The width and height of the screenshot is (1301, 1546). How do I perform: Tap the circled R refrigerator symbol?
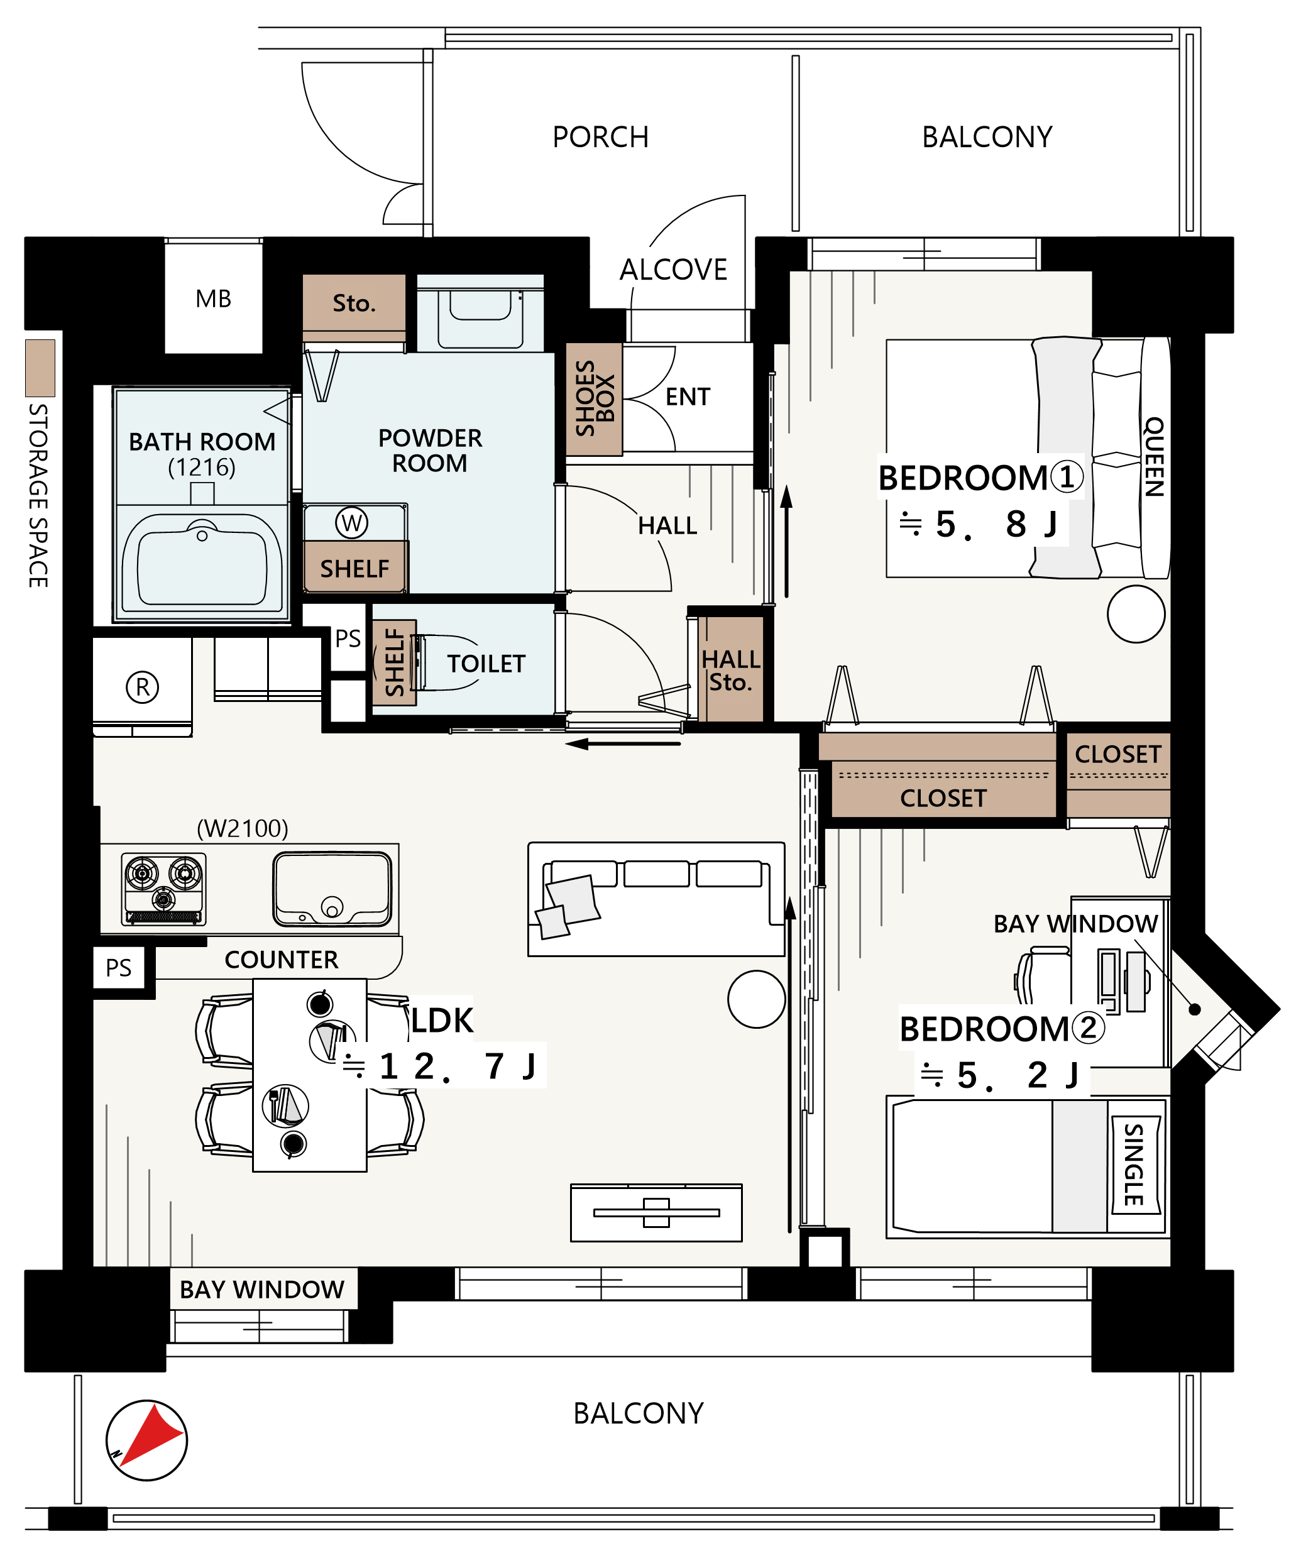point(142,687)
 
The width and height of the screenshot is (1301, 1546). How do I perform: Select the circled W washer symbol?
point(352,523)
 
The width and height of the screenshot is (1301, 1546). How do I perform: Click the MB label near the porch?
point(213,299)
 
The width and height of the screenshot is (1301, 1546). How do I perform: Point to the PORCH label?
point(600,137)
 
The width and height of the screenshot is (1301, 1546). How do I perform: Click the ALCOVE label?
point(673,270)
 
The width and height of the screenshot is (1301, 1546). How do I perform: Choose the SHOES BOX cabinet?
point(595,399)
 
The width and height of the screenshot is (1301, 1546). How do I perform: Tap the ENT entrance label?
point(688,397)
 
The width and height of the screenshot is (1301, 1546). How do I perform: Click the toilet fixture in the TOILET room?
point(446,662)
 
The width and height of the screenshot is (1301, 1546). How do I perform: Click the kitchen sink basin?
point(332,889)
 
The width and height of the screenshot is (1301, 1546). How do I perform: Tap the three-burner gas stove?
point(164,889)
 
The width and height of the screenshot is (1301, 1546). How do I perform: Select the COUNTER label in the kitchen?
point(281,960)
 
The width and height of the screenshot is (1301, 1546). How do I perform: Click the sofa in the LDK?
point(656,899)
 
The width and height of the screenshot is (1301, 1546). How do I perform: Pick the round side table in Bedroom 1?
point(1136,613)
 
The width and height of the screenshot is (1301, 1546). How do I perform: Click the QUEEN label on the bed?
point(1154,456)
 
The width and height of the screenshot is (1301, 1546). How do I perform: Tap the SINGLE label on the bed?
point(1134,1165)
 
